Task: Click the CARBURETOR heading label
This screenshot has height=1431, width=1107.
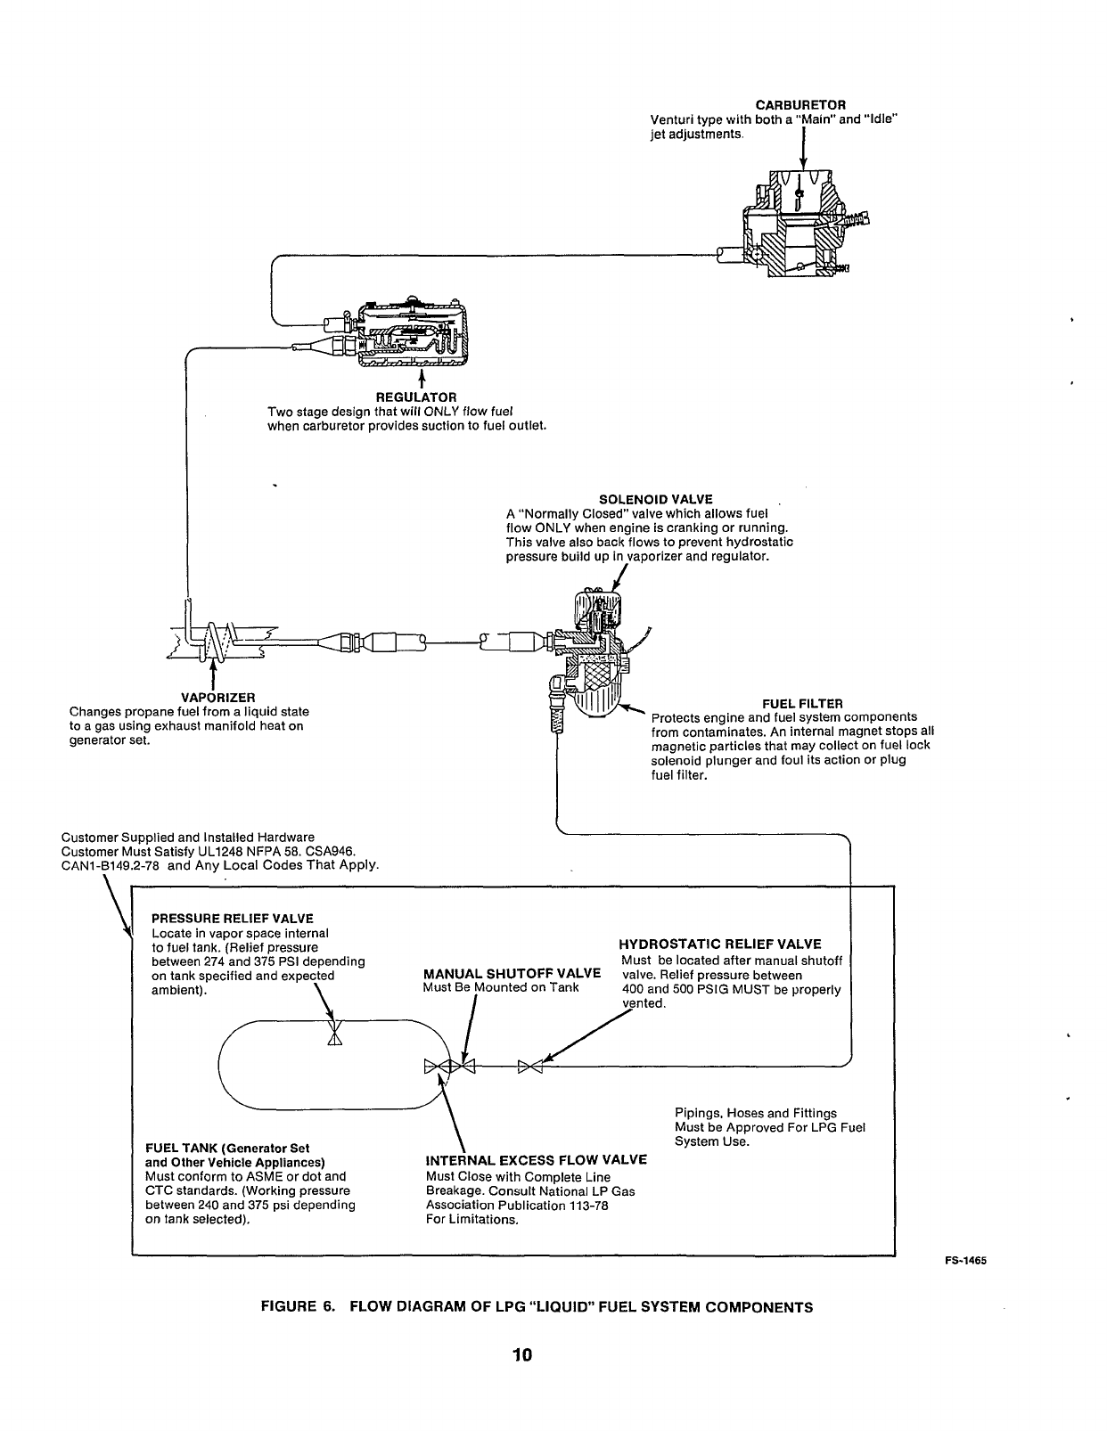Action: coord(800,105)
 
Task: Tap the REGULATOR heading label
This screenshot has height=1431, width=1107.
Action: coord(415,397)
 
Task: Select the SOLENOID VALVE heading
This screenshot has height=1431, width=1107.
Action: coord(655,499)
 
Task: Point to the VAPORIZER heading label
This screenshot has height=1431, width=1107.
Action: coord(218,697)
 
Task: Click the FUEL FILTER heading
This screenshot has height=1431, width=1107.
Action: coord(802,703)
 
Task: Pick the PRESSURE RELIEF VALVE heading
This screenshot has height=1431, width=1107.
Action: coord(233,918)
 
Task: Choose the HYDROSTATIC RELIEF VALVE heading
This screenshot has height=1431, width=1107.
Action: coord(720,944)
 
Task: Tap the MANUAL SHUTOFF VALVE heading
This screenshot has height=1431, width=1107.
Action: coord(512,973)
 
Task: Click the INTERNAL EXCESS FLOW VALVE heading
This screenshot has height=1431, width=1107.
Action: coord(536,1160)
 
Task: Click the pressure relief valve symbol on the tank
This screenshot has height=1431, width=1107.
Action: coord(334,1034)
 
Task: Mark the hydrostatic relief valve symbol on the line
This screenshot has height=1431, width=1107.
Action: coord(530,1067)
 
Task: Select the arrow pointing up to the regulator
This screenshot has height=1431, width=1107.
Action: coord(422,380)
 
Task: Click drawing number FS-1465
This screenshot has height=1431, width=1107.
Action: coord(964,1261)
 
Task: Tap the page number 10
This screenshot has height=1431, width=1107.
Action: coord(522,1354)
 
